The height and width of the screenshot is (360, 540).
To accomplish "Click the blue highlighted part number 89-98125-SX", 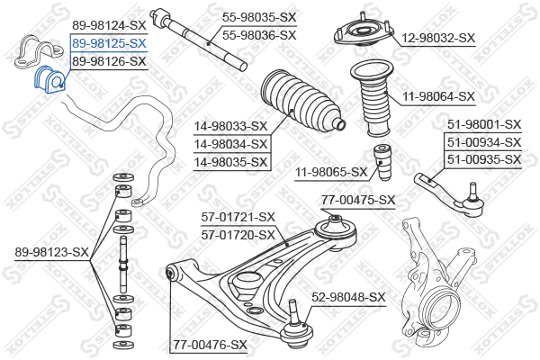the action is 109,43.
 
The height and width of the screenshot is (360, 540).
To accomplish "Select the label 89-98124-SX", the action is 109,25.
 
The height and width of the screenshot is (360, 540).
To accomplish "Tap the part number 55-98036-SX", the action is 259,35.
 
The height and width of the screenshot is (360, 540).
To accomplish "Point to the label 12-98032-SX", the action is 438,38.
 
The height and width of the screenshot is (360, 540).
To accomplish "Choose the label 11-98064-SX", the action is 438,96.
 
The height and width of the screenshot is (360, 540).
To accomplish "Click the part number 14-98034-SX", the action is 230,144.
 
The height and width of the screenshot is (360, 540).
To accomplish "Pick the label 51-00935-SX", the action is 484,159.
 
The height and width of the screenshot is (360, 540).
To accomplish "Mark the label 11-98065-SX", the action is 331,172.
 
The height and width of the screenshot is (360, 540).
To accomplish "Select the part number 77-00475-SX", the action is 358,200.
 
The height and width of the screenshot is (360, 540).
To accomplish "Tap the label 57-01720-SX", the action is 238,235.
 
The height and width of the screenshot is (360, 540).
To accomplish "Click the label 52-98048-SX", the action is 348,297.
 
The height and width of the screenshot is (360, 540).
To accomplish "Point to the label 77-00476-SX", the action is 210,345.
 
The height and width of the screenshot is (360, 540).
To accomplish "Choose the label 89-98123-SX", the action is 52,252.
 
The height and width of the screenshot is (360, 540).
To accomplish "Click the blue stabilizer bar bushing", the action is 49,79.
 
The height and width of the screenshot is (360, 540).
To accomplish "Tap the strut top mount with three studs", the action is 364,31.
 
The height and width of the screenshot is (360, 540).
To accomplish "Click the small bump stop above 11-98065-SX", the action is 382,162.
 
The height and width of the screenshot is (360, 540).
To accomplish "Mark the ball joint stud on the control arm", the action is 293,311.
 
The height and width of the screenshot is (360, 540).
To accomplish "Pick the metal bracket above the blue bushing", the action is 39,51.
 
